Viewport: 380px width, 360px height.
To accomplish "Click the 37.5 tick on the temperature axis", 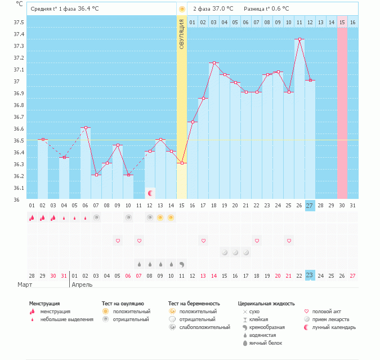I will [x=19, y=23].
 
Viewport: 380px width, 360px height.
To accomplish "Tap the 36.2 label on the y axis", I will [x=19, y=176].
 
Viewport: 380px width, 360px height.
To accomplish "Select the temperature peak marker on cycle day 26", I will [x=299, y=39].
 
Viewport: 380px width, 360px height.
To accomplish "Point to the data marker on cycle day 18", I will [x=214, y=63].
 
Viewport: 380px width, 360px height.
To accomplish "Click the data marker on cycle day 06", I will [x=86, y=128].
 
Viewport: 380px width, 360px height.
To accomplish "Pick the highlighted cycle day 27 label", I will [x=310, y=205].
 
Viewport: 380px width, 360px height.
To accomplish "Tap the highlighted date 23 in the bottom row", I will [x=310, y=275].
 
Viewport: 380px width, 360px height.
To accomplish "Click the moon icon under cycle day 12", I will [x=150, y=193].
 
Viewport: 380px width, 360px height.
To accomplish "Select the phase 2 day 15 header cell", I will [x=342, y=23].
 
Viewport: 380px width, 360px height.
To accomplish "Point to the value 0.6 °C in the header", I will [x=278, y=9].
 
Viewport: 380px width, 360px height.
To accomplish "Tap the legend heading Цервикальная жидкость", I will [x=266, y=304].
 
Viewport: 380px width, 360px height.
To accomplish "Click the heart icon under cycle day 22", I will [x=257, y=241].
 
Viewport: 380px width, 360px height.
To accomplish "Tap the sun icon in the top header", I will [x=182, y=9].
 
